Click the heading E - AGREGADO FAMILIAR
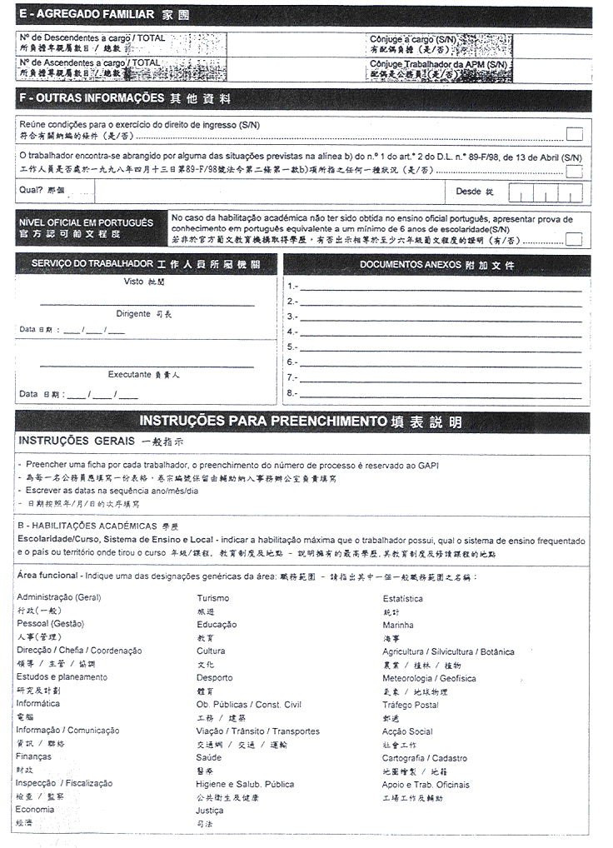86,14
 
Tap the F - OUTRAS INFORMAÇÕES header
92,98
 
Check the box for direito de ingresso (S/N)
574,134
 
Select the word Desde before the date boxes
469,191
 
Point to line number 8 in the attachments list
292,392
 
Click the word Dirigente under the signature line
133,313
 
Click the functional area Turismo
213,598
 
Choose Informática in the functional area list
38,704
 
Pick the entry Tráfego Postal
411,705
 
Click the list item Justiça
210,810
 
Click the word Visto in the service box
133,282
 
